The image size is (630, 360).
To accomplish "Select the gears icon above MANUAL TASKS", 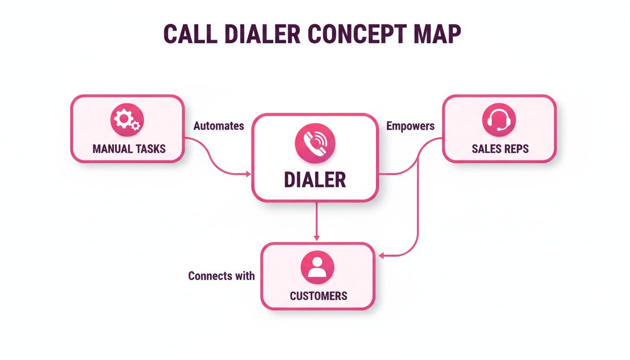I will coord(127,120).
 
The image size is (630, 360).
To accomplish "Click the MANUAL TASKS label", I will coord(129,149).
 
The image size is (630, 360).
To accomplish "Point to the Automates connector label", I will coord(218,126).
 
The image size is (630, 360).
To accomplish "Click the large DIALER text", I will coord(315,180).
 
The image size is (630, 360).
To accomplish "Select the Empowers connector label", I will coord(410,126).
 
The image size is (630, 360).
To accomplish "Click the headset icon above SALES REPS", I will coord(499,120).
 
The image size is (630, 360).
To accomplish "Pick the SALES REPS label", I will coord(500,149).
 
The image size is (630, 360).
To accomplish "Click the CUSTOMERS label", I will coord(318,296).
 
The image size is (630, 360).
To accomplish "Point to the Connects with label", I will coord(221,276).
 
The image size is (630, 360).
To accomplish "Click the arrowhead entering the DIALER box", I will coord(248,174).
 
